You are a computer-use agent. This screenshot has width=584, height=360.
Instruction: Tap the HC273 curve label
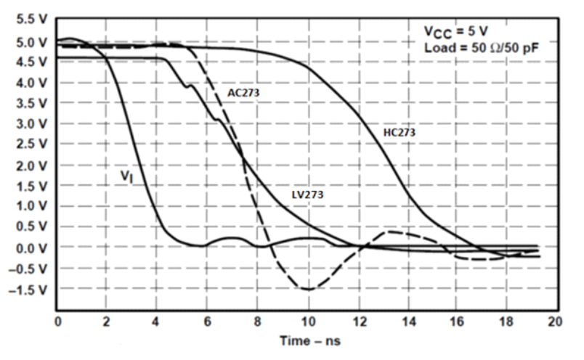tap(399, 133)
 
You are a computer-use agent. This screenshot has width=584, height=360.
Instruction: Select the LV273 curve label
tap(307, 195)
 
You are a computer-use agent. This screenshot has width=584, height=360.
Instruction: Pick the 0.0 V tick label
tap(32, 248)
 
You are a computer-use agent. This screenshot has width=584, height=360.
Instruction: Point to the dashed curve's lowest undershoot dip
tap(308, 289)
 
